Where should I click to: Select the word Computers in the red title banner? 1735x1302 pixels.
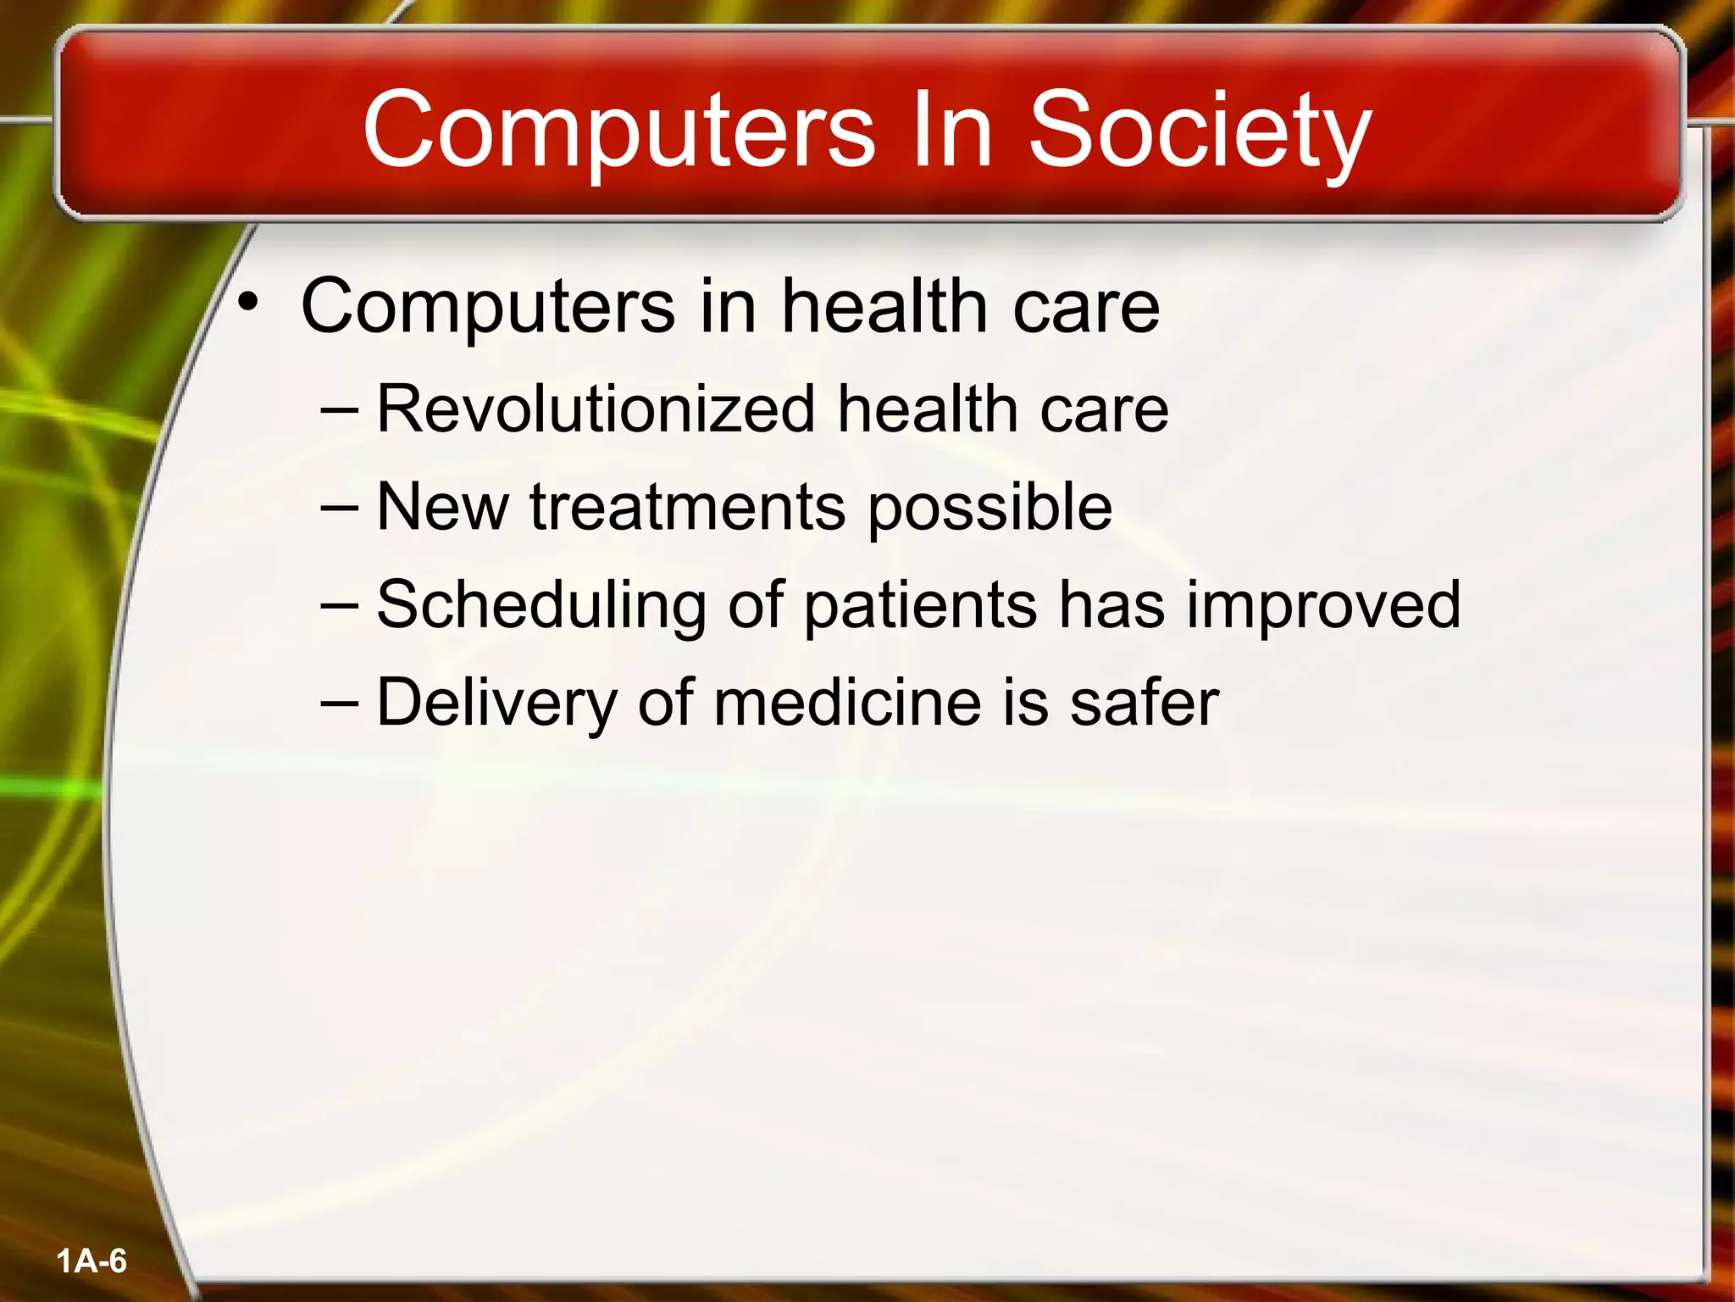click(618, 131)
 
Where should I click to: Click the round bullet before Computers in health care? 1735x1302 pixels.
click(247, 302)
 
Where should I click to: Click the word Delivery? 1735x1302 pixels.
click(496, 704)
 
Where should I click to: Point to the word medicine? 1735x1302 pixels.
click(848, 704)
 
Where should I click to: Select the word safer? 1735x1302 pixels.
click(1144, 704)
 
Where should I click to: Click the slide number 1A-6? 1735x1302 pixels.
click(91, 1261)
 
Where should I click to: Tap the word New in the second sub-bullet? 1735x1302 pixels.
click(442, 508)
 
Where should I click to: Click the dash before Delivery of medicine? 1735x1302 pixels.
click(340, 704)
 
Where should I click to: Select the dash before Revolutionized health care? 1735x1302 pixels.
click(340, 410)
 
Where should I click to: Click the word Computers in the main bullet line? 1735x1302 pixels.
click(488, 307)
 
